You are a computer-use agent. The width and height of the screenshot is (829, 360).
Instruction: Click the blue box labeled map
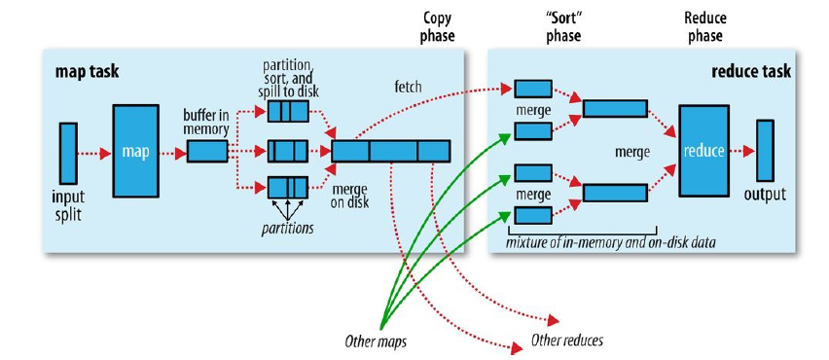point(135,152)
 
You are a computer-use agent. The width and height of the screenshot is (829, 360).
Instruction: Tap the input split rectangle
point(67,151)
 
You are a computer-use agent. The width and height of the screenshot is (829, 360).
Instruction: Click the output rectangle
point(765,151)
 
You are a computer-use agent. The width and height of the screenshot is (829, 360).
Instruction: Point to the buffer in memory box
point(206,152)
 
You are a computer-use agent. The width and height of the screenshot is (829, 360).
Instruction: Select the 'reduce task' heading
point(752,72)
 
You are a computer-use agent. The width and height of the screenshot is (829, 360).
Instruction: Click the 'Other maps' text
point(374,342)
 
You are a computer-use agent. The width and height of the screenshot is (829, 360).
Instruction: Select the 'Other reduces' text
point(566,341)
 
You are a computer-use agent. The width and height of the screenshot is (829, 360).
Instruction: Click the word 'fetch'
point(409,87)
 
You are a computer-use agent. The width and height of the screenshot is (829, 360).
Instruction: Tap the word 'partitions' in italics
point(287,229)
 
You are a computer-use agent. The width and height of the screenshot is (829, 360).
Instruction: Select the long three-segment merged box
point(391,151)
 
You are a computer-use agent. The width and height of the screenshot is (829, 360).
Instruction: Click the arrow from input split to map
point(94,152)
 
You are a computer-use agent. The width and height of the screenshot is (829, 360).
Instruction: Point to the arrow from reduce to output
point(742,151)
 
